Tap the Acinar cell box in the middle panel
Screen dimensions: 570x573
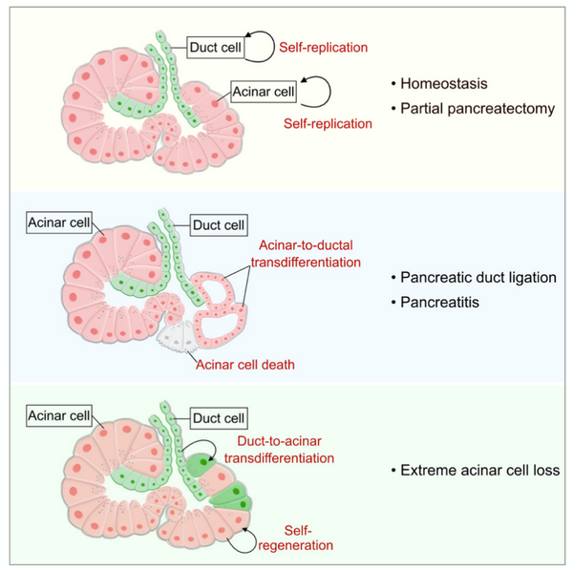(59, 223)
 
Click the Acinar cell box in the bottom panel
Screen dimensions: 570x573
(59, 416)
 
